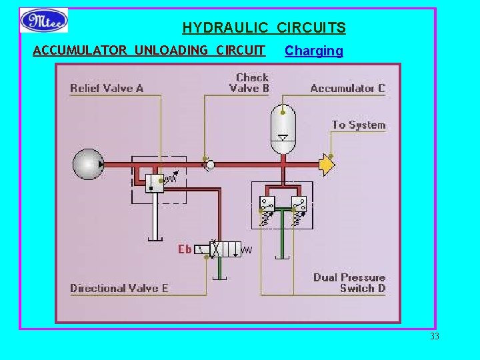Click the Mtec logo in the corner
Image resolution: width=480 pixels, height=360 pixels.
coord(44,21)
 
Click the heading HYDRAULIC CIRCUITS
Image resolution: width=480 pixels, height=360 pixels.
coord(264,28)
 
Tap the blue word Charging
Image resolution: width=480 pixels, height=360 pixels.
coord(313,51)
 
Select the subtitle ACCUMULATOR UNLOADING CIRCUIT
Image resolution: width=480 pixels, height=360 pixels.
coord(149,51)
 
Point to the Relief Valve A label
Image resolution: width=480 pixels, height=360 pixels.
coord(107,88)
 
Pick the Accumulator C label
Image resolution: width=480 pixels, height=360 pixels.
coord(347,88)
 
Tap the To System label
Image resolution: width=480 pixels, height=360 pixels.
coord(359,125)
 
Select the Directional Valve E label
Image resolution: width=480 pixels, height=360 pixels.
coord(119,288)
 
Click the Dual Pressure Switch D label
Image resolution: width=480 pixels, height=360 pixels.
coord(349,283)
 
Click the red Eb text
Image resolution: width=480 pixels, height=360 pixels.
coord(185,249)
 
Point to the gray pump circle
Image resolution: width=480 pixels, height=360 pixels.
coord(88,164)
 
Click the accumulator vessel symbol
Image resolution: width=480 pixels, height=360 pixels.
coord(283,129)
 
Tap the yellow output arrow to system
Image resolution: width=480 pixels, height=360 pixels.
coord(327,164)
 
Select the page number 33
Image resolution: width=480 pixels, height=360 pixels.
coord(435,336)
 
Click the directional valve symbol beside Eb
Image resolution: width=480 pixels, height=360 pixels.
coord(225,249)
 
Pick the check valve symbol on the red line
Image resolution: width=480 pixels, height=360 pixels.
coord(209,164)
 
